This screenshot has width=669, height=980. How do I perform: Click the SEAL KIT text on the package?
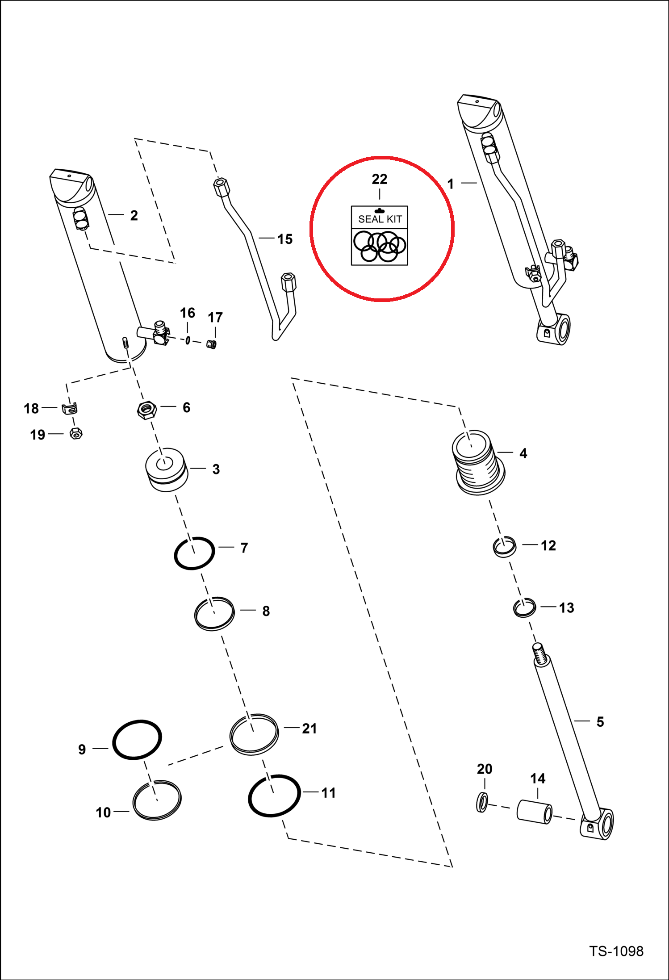pyautogui.click(x=380, y=219)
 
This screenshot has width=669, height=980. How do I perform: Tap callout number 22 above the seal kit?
pyautogui.click(x=380, y=180)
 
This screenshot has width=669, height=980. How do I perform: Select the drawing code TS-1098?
pyautogui.click(x=616, y=951)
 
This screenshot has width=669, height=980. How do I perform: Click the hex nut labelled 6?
pyautogui.click(x=146, y=409)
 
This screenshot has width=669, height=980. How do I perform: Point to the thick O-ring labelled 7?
pyautogui.click(x=194, y=553)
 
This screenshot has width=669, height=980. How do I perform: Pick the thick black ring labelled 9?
pyautogui.click(x=137, y=739)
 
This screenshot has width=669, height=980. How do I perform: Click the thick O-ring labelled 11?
pyautogui.click(x=274, y=795)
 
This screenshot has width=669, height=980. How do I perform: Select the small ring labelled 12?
pyautogui.click(x=505, y=546)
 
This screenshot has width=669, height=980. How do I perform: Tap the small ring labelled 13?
pyautogui.click(x=524, y=607)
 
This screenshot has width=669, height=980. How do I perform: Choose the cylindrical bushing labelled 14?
pyautogui.click(x=534, y=811)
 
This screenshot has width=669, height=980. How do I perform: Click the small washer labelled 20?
pyautogui.click(x=482, y=802)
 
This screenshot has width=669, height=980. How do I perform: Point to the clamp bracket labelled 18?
pyautogui.click(x=70, y=408)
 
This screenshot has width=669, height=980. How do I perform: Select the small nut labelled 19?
pyautogui.click(x=76, y=433)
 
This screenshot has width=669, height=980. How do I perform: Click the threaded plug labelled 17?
pyautogui.click(x=212, y=344)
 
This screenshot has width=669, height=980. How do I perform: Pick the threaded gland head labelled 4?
pyautogui.click(x=478, y=462)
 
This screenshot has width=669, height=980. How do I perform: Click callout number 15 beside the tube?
pyautogui.click(x=285, y=239)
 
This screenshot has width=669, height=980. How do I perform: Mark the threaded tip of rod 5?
pyautogui.click(x=539, y=653)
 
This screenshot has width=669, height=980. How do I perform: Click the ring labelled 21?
pyautogui.click(x=254, y=734)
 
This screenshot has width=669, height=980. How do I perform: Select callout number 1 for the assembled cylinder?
pyautogui.click(x=450, y=184)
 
